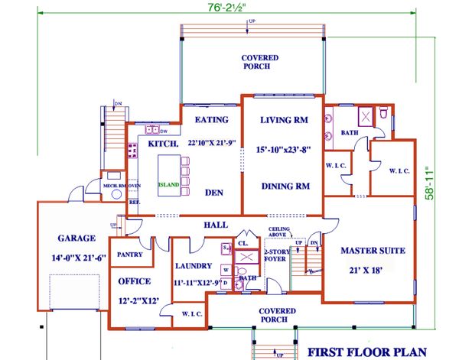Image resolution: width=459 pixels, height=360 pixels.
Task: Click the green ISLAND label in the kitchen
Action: click(x=169, y=185)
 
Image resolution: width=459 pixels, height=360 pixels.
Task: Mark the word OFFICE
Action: click(x=135, y=281)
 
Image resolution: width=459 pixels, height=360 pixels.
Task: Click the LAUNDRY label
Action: click(x=196, y=268)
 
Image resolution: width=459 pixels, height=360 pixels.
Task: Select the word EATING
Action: click(x=212, y=120)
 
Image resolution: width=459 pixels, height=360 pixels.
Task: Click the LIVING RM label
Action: click(x=282, y=119)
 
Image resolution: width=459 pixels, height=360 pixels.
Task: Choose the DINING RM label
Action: click(x=284, y=186)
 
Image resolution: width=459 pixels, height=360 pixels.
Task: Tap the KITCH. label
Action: click(x=163, y=144)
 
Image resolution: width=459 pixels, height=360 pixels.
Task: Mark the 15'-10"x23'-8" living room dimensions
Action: click(x=284, y=151)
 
